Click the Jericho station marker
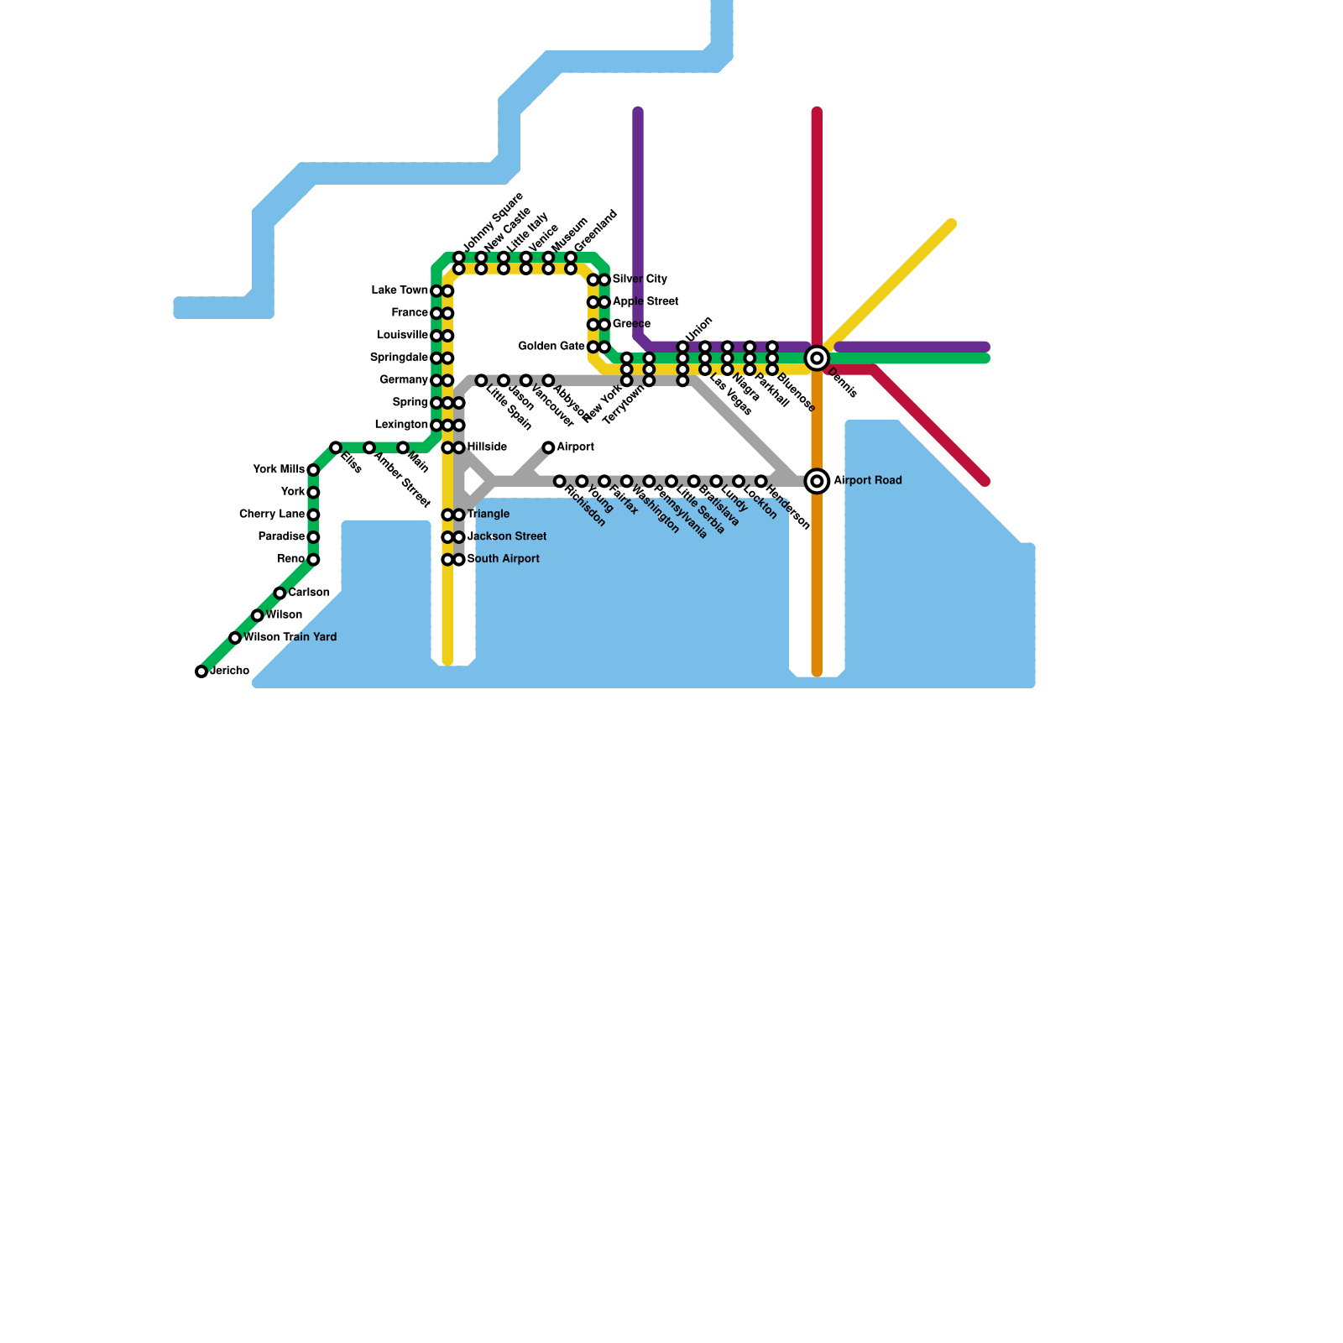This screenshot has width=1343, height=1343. pyautogui.click(x=201, y=671)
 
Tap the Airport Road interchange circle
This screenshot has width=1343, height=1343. pyautogui.click(x=817, y=481)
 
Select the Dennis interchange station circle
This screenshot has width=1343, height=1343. pyautogui.click(x=817, y=358)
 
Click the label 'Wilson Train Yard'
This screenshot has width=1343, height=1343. pyautogui.click(x=290, y=638)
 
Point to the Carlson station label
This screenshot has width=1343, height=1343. pyautogui.click(x=308, y=593)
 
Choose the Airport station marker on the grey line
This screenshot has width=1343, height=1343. pyautogui.click(x=548, y=447)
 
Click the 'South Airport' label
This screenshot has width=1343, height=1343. pyautogui.click(x=503, y=559)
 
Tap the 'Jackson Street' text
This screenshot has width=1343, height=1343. pyautogui.click(x=506, y=536)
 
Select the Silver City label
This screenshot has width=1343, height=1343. pyautogui.click(x=639, y=279)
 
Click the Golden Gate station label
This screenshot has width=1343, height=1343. pyautogui.click(x=551, y=346)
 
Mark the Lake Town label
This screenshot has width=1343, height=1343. pyautogui.click(x=400, y=290)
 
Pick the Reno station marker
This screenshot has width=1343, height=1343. pyautogui.click(x=313, y=560)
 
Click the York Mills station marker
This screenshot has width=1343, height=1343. pyautogui.click(x=313, y=470)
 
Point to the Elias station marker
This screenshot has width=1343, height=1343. pyautogui.click(x=336, y=447)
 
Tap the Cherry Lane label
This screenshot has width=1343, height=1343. pyautogui.click(x=271, y=514)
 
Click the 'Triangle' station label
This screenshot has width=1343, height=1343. pyautogui.click(x=488, y=514)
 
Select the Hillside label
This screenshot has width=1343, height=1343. pyautogui.click(x=487, y=447)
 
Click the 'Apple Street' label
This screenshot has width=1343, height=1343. pyautogui.click(x=645, y=301)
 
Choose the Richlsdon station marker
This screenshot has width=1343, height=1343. pyautogui.click(x=559, y=481)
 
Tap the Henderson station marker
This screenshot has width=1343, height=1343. pyautogui.click(x=760, y=481)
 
